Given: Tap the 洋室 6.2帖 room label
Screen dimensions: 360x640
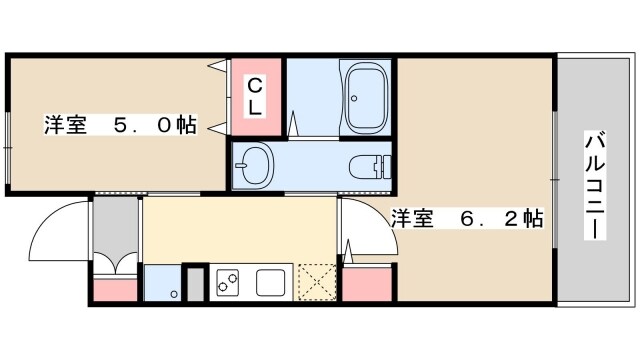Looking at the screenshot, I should (x=466, y=218).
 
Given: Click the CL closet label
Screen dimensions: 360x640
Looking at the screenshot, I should (x=256, y=98).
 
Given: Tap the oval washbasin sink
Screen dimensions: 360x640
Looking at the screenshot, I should (x=257, y=162).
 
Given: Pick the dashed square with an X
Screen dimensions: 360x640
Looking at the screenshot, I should (x=317, y=283).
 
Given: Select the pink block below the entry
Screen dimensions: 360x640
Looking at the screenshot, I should (x=114, y=290).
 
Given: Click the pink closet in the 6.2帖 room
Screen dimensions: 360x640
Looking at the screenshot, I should (x=364, y=285).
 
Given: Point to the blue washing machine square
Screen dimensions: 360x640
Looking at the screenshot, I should (x=162, y=283).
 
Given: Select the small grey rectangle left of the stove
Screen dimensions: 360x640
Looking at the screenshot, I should (x=195, y=283).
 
